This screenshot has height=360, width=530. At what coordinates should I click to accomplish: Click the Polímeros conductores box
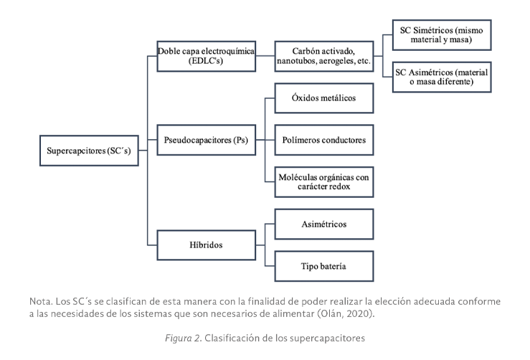click(324, 141)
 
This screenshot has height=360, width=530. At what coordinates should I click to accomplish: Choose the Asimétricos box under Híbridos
click(324, 224)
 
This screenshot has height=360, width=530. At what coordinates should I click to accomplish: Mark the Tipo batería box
click(324, 265)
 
